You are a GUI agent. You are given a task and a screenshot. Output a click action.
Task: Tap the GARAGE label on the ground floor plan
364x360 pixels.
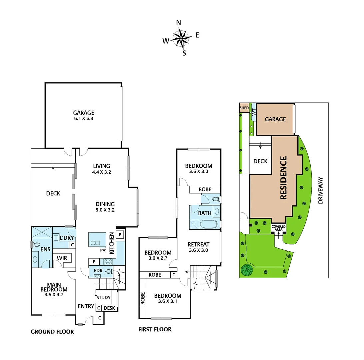84,113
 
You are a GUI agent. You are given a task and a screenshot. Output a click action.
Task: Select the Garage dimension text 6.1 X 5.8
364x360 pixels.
84,118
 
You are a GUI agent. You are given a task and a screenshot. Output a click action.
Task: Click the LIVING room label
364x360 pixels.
102,166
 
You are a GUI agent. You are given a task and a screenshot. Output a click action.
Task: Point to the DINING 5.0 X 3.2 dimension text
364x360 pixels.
105,210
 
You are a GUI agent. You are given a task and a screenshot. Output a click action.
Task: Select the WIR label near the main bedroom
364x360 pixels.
62,258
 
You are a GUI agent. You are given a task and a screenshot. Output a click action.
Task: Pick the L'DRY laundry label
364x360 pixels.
66,238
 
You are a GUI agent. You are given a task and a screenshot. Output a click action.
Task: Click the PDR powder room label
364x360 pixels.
98,271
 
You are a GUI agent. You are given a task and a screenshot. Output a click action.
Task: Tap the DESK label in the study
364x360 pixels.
109,308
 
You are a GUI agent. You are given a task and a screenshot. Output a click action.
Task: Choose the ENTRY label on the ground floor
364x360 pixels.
86,306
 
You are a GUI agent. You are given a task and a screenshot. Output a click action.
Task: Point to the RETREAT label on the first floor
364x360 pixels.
198,244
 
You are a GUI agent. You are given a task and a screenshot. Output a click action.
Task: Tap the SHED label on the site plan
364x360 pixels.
244,108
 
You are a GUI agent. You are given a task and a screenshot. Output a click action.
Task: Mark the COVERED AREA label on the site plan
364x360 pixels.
278,228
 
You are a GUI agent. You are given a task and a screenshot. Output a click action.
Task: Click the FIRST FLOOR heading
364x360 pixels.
155,330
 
